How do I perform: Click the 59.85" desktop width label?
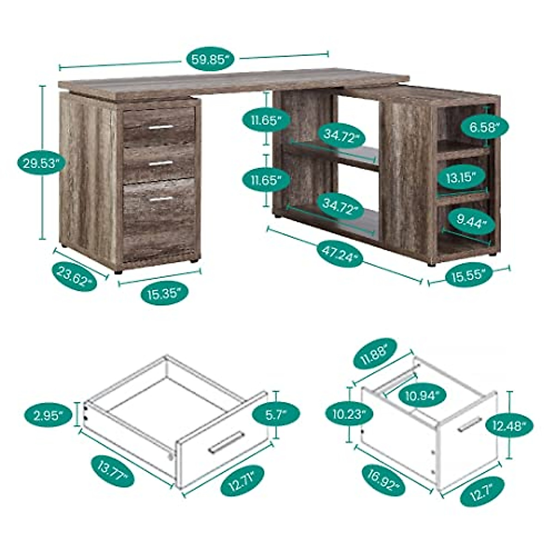(x=211, y=60)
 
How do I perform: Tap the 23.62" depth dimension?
(x=74, y=277)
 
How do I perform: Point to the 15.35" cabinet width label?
(x=164, y=293)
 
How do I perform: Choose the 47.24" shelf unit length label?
(x=340, y=254)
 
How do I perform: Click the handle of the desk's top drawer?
(x=160, y=127)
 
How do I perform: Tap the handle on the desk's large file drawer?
(x=160, y=199)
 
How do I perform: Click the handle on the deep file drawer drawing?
(x=469, y=424)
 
